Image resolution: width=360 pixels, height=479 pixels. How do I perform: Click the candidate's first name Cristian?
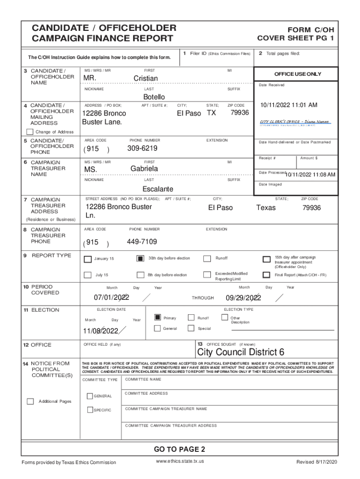pyautogui.click(x=145, y=78)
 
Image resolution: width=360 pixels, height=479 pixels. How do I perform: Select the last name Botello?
pyautogui.click(x=154, y=97)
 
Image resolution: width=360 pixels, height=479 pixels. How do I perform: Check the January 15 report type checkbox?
pyautogui.click(x=88, y=259)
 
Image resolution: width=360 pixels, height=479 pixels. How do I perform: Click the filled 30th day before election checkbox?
pyautogui.click(x=140, y=258)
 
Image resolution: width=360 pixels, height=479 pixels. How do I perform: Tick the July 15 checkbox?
pyautogui.click(x=88, y=275)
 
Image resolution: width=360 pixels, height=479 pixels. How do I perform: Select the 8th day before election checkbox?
pyautogui.click(x=140, y=275)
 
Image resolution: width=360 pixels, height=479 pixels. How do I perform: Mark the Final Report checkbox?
pyautogui.click(x=266, y=275)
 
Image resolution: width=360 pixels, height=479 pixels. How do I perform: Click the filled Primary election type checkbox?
pyautogui.click(x=158, y=318)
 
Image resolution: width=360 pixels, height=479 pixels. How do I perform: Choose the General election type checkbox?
pyautogui.click(x=158, y=328)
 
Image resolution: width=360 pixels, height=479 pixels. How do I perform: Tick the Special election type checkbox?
pyautogui.click(x=191, y=328)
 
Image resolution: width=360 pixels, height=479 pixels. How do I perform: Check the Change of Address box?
pyautogui.click(x=30, y=132)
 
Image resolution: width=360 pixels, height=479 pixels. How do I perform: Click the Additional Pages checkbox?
pyautogui.click(x=30, y=401)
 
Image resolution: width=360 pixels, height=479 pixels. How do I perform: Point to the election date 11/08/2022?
pyautogui.click(x=101, y=331)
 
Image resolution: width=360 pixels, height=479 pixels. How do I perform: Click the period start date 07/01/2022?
pyautogui.click(x=111, y=298)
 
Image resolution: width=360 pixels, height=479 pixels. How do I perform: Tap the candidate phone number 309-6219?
pyautogui.click(x=142, y=148)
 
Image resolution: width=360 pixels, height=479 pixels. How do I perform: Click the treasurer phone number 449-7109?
pyautogui.click(x=142, y=242)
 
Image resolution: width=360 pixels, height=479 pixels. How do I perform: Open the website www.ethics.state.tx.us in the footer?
pyautogui.click(x=180, y=461)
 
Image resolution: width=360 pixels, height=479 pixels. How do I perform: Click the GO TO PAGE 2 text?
pyautogui.click(x=180, y=450)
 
